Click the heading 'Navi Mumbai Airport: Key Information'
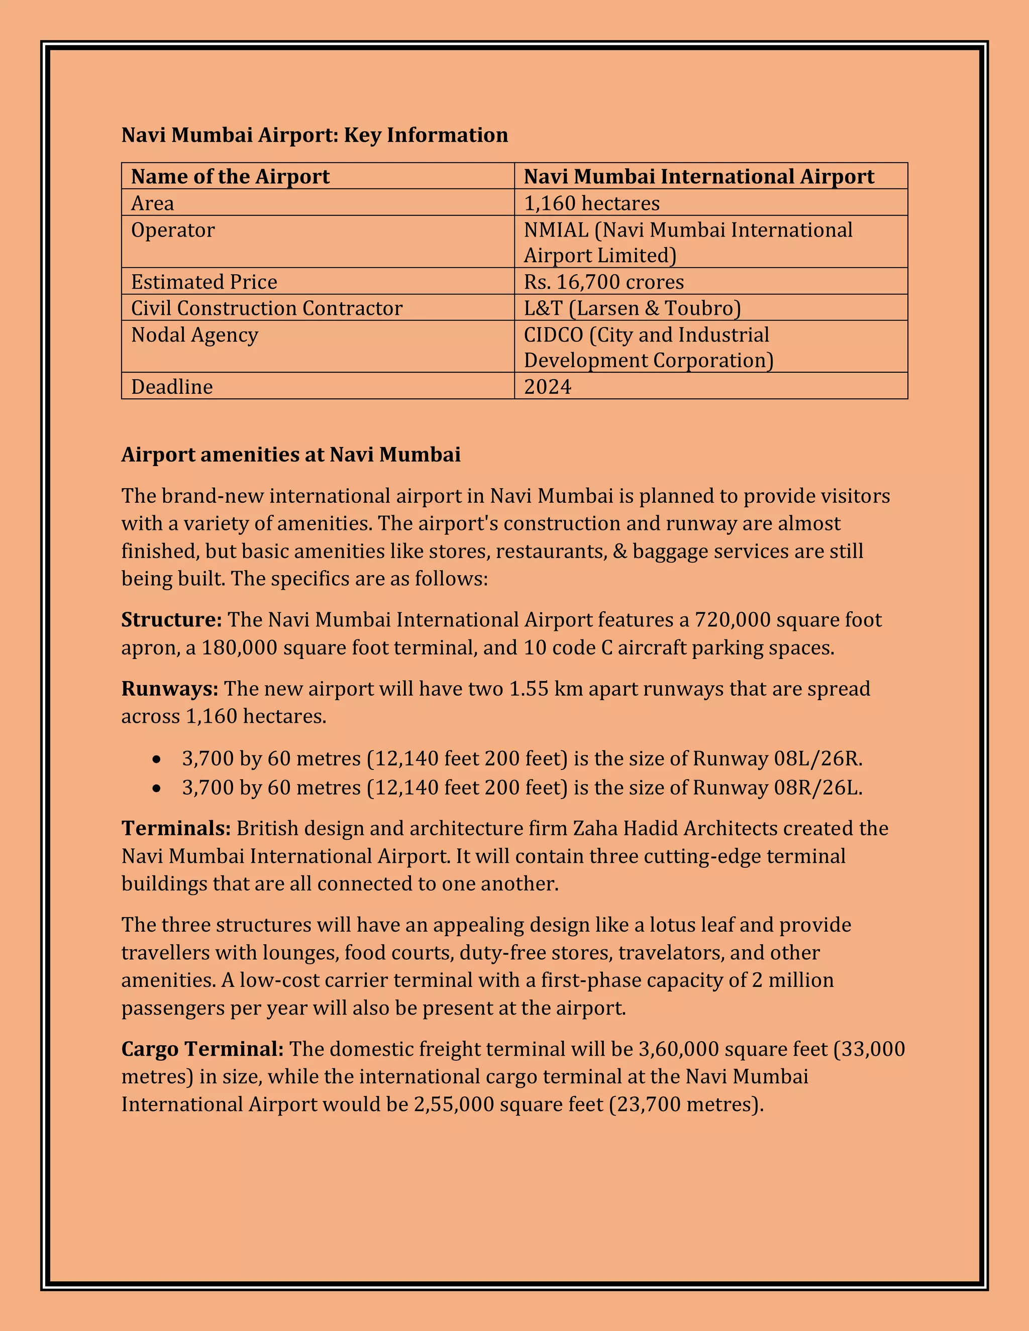point(314,135)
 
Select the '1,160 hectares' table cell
point(591,203)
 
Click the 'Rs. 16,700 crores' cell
point(603,282)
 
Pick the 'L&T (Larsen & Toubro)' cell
point(632,308)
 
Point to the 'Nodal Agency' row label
point(194,335)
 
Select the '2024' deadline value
point(548,386)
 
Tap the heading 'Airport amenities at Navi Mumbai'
point(291,455)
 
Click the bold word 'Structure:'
point(171,620)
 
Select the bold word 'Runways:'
point(169,689)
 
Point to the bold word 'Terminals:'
point(175,828)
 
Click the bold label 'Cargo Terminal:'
point(202,1049)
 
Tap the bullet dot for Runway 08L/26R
point(157,759)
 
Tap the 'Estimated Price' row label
point(203,282)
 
